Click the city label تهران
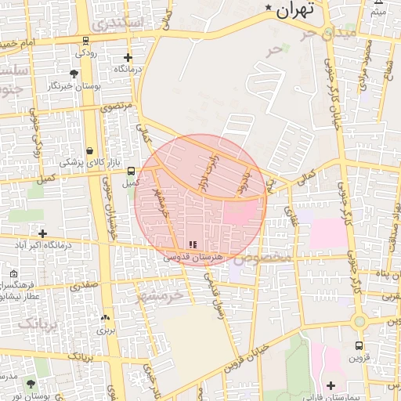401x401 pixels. point(295,9)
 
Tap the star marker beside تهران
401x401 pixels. point(269,9)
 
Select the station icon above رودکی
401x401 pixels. point(85,41)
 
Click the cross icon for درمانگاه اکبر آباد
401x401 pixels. point(42,233)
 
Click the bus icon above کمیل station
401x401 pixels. point(131,170)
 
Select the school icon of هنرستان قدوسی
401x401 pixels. point(193,245)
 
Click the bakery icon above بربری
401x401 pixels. point(104,318)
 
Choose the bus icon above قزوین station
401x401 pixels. point(359,345)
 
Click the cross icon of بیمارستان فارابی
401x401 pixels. point(331,385)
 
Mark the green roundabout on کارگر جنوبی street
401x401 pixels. point(359,321)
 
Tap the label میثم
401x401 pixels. point(378,12)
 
